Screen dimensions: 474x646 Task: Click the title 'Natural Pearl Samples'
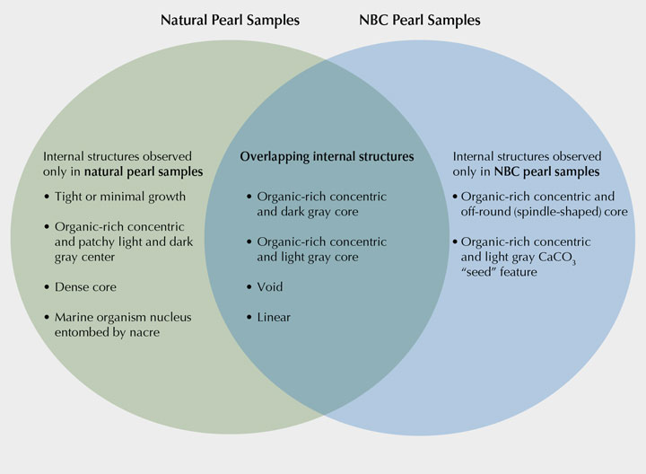[x=231, y=18]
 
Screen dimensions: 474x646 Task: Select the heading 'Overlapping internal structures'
[x=327, y=156]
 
